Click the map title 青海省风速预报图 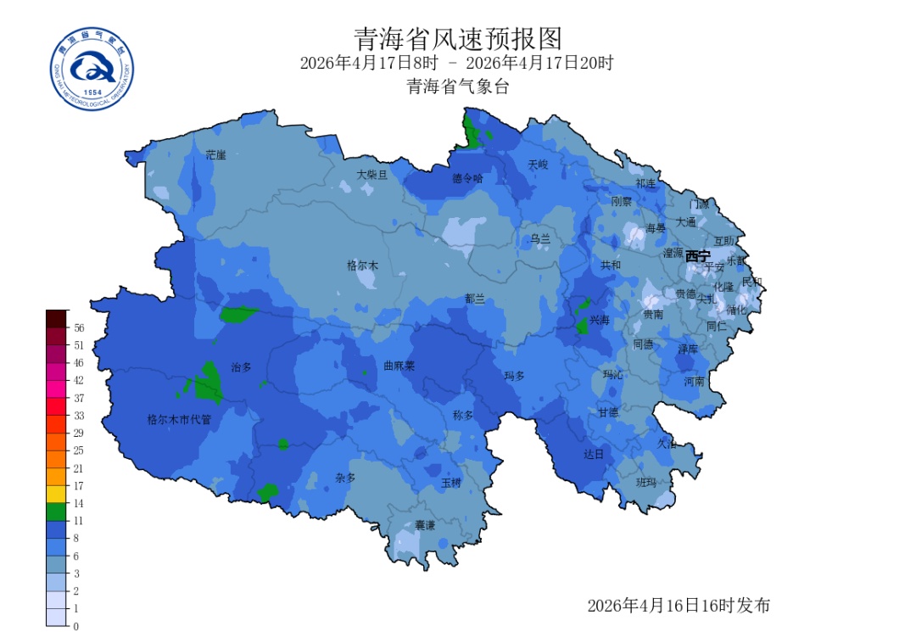click(x=457, y=39)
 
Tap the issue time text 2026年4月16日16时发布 click(x=679, y=605)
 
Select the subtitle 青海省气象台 click(x=457, y=87)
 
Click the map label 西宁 click(x=698, y=255)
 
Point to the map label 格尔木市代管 click(x=179, y=419)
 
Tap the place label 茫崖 click(x=216, y=155)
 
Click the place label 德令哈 click(x=467, y=178)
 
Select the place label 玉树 click(x=450, y=483)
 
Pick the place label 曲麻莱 click(x=399, y=366)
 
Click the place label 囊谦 click(x=425, y=526)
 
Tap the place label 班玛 click(x=646, y=482)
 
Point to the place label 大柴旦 click(x=371, y=175)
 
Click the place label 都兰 click(x=475, y=299)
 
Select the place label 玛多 click(x=515, y=375)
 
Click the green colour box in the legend click(x=56, y=511)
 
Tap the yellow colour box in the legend click(x=56, y=494)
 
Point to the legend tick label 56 click(x=79, y=327)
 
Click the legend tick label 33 click(x=79, y=416)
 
